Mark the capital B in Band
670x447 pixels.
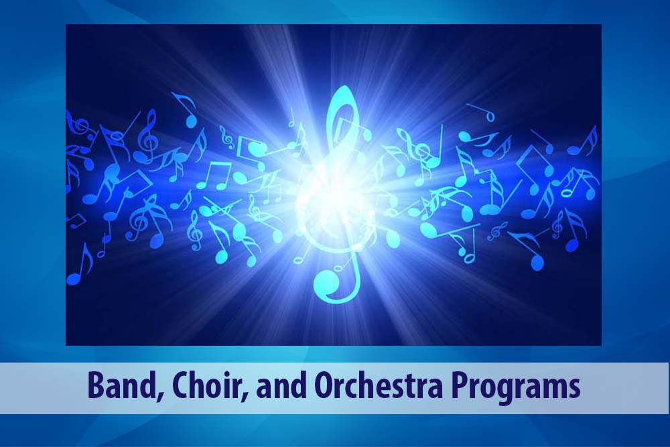coord(95,385)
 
